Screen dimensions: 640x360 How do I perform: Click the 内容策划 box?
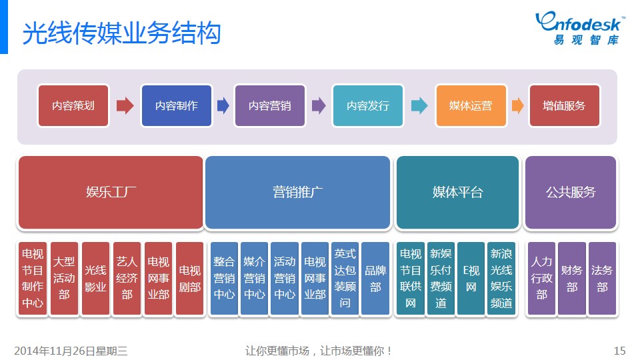tap(73, 106)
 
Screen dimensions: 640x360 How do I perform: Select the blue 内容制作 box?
tap(176, 106)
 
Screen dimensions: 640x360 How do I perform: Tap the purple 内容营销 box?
tap(270, 106)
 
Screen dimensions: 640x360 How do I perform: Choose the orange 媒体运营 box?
tap(471, 106)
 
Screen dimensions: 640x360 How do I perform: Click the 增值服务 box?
tap(565, 106)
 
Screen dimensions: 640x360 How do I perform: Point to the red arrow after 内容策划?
tap(125, 106)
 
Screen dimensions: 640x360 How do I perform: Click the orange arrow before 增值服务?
tap(517, 106)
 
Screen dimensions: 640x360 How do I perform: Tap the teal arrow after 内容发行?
tap(419, 106)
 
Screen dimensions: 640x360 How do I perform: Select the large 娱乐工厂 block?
tap(111, 192)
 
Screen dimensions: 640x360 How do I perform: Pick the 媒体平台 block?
tap(457, 192)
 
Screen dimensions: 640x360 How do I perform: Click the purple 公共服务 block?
tap(571, 192)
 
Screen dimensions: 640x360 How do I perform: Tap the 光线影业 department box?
tap(95, 279)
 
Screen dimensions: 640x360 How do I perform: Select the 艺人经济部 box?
tap(127, 279)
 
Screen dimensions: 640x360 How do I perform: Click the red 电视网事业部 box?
tap(159, 279)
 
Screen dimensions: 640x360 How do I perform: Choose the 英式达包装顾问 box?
tap(345, 279)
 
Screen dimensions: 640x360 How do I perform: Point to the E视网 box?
tap(471, 279)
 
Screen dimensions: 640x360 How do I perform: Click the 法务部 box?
tap(602, 279)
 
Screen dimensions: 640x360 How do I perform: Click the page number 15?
tap(619, 351)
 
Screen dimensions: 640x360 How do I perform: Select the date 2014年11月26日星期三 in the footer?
tap(71, 351)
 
